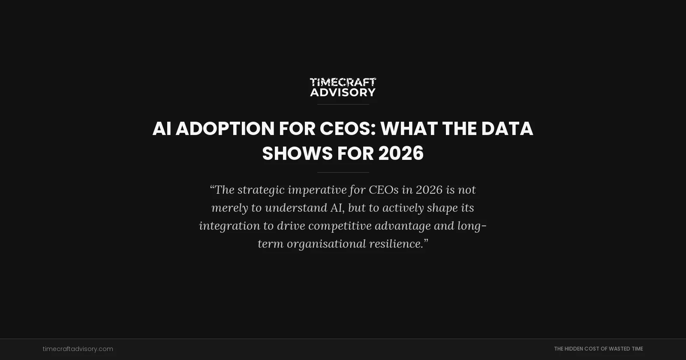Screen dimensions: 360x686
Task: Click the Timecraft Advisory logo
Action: (343, 87)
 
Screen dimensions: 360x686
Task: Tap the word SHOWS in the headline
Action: (297, 153)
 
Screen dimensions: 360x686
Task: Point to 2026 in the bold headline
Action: (401, 153)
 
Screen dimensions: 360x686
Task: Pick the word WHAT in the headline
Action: (409, 129)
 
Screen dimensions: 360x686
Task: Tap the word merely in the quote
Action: (229, 208)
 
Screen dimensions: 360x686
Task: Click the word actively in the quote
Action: (403, 208)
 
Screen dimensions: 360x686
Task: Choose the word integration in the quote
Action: (229, 226)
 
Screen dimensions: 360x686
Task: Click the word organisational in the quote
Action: (326, 244)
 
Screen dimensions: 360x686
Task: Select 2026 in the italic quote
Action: (429, 190)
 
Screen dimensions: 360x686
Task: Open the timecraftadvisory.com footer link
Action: (78, 349)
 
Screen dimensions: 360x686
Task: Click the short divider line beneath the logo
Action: (343, 104)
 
